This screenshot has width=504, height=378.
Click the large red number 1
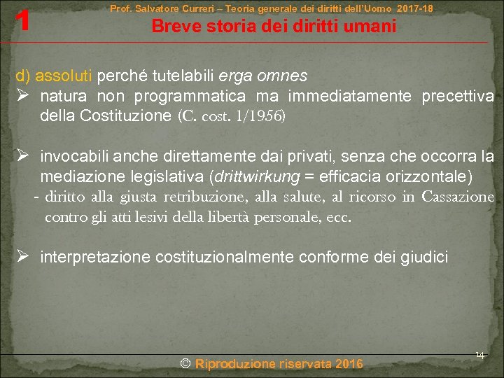click(24, 20)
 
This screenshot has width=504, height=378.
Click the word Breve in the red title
click(171, 27)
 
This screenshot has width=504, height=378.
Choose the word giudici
click(422, 258)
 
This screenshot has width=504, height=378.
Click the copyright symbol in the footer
click(185, 363)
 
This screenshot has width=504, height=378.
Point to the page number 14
click(479, 355)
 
